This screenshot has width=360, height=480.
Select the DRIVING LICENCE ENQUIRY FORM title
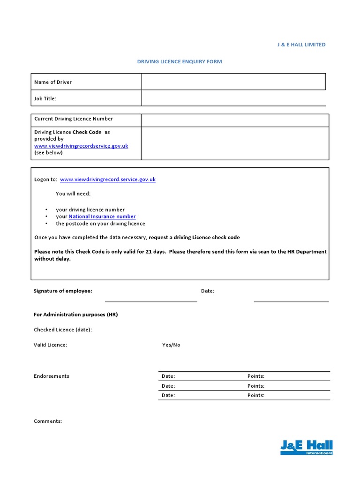(180, 61)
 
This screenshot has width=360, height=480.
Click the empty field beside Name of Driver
(233, 82)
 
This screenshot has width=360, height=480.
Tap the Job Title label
(45, 98)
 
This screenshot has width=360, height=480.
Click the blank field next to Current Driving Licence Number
(235, 120)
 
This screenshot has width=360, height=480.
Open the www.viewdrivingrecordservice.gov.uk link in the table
(81, 146)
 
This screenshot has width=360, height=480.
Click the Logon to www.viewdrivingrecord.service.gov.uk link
(108, 180)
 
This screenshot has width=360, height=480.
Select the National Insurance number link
(102, 217)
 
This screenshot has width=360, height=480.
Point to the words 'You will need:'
(73, 194)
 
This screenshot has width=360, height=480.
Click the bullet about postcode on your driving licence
(100, 224)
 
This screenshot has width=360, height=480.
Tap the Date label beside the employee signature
(208, 291)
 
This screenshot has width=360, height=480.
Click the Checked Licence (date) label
(63, 330)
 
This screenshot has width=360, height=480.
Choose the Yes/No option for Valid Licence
(171, 345)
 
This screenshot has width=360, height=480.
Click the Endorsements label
(52, 376)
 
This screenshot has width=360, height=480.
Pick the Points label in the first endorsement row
(256, 376)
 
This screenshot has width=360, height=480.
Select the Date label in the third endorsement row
(168, 395)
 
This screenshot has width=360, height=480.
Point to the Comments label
(48, 421)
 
